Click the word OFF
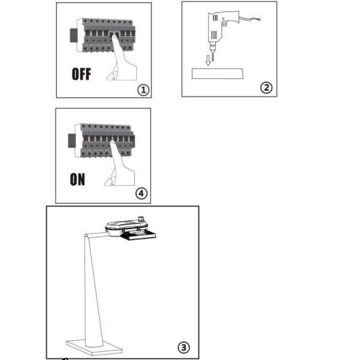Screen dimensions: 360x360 [x=81, y=74]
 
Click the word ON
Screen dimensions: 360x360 [x=77, y=179]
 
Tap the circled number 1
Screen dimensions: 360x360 [x=143, y=90]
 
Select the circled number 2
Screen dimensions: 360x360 [x=266, y=88]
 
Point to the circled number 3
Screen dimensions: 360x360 [x=184, y=347]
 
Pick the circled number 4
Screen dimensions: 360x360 [x=142, y=194]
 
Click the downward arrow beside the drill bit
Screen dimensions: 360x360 [x=208, y=61]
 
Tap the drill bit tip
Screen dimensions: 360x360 [x=212, y=61]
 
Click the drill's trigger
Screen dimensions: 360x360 [x=223, y=23]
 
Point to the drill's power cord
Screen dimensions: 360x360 [x=250, y=19]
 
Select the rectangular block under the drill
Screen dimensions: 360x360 [x=217, y=73]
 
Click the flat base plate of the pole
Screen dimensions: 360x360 [x=94, y=347]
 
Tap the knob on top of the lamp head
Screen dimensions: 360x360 [x=142, y=218]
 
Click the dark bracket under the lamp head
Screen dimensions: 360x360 [x=139, y=235]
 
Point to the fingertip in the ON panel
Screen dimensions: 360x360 [x=113, y=143]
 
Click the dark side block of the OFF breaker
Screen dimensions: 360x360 [x=73, y=35]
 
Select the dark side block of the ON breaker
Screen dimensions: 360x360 [x=71, y=141]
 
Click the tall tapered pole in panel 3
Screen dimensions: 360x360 [x=93, y=289]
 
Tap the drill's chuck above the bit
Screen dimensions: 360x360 [x=212, y=48]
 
